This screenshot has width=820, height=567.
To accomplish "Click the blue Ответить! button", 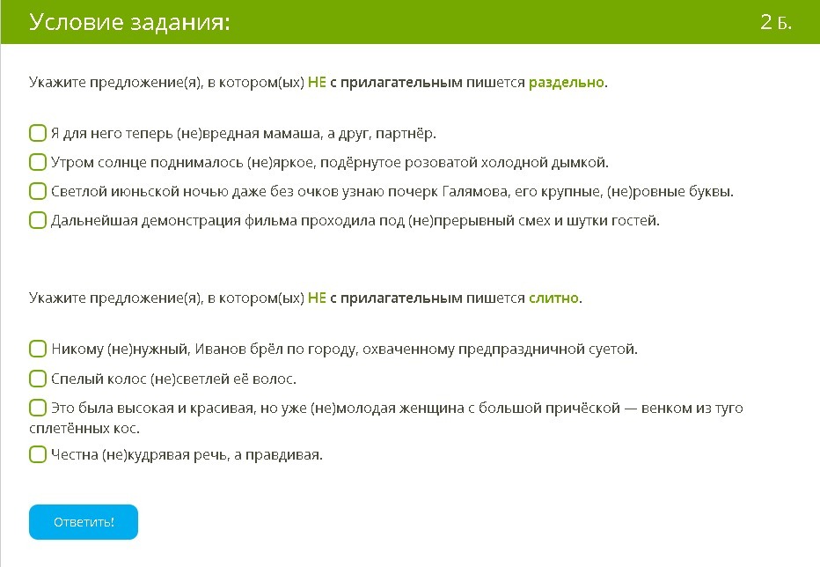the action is (x=84, y=521).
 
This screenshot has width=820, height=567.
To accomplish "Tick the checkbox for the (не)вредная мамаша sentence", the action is (x=38, y=133).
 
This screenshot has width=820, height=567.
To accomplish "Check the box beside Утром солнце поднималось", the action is (x=38, y=162).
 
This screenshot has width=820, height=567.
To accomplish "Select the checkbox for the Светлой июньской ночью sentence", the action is (x=38, y=191).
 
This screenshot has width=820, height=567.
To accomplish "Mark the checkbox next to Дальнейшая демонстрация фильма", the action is (x=38, y=220).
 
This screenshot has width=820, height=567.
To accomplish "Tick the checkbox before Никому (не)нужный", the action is (x=38, y=349).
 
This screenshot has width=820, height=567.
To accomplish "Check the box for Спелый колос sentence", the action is (x=38, y=379).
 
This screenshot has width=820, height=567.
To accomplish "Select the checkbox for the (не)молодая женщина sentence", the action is (x=38, y=408).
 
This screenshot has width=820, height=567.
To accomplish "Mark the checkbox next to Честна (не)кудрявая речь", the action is (x=38, y=454).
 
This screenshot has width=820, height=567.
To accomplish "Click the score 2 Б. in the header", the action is (x=775, y=22).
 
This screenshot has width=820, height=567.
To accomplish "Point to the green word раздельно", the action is (x=567, y=83).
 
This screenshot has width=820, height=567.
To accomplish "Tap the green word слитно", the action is (x=553, y=298).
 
